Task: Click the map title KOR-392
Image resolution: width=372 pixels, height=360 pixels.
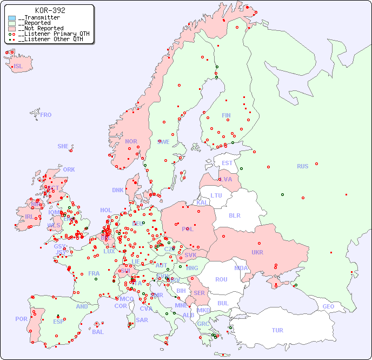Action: pos(50,10)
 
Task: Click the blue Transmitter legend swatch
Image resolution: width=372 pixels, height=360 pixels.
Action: pos(12,18)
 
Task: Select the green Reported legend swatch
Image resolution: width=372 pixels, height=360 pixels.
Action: pos(12,23)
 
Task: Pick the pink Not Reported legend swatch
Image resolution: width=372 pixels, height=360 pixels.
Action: pos(12,29)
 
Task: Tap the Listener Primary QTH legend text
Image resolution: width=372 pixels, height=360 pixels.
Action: pos(54,34)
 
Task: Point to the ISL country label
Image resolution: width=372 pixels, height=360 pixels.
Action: pos(18,67)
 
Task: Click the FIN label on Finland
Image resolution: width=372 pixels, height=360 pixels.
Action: pos(226,115)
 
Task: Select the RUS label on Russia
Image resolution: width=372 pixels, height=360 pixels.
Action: pos(302,166)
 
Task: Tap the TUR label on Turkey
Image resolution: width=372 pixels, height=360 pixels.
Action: pos(277,330)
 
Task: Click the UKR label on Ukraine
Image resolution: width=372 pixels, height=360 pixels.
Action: pos(257,252)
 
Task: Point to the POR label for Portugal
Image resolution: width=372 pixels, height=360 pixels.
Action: pos(21,319)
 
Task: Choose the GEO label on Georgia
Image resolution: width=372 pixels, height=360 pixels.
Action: pos(328,306)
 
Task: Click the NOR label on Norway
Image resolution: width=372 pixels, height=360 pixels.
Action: pos(131,141)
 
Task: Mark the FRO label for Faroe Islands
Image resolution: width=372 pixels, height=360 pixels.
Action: pos(46,115)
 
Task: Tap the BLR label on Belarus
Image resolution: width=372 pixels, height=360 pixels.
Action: pos(234,215)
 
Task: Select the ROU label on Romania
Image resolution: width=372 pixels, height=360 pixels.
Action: pos(221,279)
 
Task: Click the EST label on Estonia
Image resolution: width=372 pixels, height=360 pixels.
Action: pos(227,163)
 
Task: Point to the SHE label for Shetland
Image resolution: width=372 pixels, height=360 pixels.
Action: pos(63,146)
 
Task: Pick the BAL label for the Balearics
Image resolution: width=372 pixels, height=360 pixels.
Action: pos(97,332)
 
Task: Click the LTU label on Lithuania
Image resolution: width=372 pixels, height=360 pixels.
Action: pos(216,195)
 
